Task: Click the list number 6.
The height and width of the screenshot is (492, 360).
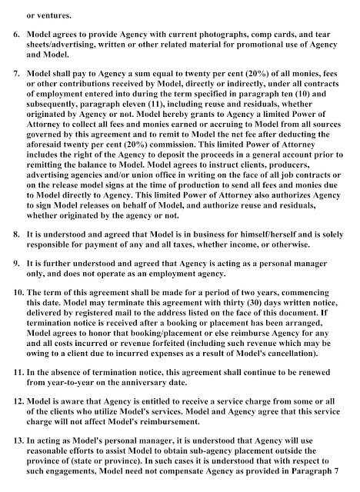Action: point(15,35)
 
